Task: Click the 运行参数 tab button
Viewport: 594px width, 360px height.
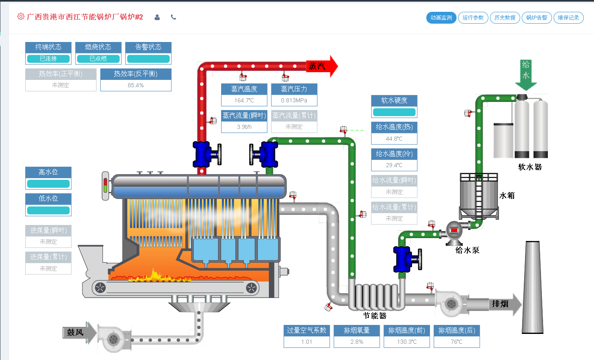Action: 473,18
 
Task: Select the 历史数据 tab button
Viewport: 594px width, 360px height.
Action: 505,18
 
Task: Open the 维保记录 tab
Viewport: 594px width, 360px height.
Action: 568,18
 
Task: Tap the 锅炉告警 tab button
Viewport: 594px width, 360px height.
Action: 536,18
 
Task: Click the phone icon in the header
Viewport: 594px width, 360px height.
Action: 173,17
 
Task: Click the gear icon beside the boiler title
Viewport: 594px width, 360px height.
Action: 21,17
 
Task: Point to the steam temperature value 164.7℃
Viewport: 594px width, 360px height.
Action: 244,100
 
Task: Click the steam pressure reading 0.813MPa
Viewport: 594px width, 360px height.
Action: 294,100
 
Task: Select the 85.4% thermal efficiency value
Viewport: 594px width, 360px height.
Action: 135,85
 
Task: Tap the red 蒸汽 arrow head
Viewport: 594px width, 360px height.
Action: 331,66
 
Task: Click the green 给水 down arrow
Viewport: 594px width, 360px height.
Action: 526,76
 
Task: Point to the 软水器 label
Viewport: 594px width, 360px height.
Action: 530,167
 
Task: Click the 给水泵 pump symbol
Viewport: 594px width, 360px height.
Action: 454,231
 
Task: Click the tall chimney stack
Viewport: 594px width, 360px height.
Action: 533,287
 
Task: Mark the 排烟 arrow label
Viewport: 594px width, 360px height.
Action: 500,304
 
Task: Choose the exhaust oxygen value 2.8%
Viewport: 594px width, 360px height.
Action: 357,342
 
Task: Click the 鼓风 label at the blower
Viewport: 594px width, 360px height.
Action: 75,332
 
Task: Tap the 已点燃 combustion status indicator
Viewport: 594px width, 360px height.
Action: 98,59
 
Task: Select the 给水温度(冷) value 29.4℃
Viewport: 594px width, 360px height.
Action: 394,165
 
